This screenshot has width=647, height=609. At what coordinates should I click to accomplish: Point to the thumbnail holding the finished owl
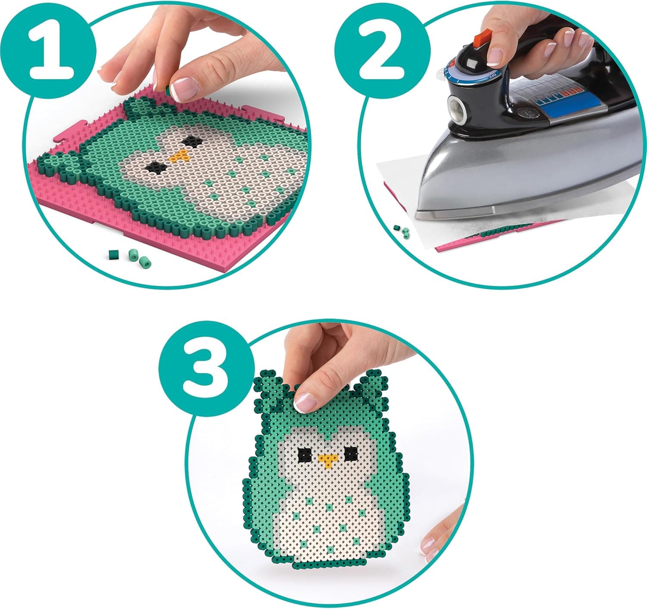pos(306,402)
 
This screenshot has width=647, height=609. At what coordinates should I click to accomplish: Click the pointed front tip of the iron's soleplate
pos(417,212)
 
